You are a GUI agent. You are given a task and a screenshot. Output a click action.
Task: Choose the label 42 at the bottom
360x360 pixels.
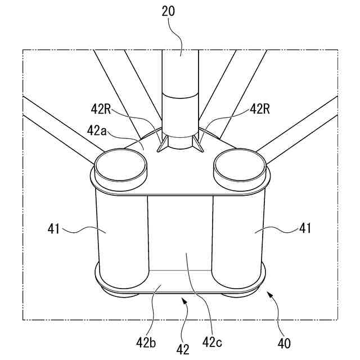182,349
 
